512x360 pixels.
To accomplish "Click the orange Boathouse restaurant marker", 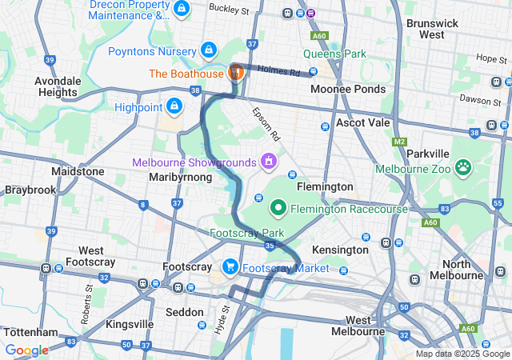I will point(236,73).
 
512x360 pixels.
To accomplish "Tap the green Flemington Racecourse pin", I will point(278,209).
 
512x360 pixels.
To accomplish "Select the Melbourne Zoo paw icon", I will point(462,168).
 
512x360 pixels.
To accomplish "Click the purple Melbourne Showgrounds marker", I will point(268,162).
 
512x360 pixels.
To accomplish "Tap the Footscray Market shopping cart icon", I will point(230,267).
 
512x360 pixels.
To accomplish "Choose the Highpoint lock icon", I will point(174,106).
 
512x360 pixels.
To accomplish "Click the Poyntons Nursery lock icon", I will point(209,50).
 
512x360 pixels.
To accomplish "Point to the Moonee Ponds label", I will point(348,89).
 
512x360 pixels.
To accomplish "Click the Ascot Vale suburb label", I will point(362,123).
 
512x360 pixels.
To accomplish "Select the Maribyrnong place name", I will point(181,177).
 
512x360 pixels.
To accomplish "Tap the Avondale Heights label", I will point(62,86).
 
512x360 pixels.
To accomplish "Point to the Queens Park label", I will point(334,55).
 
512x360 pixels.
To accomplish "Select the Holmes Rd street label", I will point(284,72).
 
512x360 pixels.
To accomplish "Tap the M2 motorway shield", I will point(400,142).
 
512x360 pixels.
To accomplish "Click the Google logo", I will point(26,350).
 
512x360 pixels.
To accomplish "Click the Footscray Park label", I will point(241,233).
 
